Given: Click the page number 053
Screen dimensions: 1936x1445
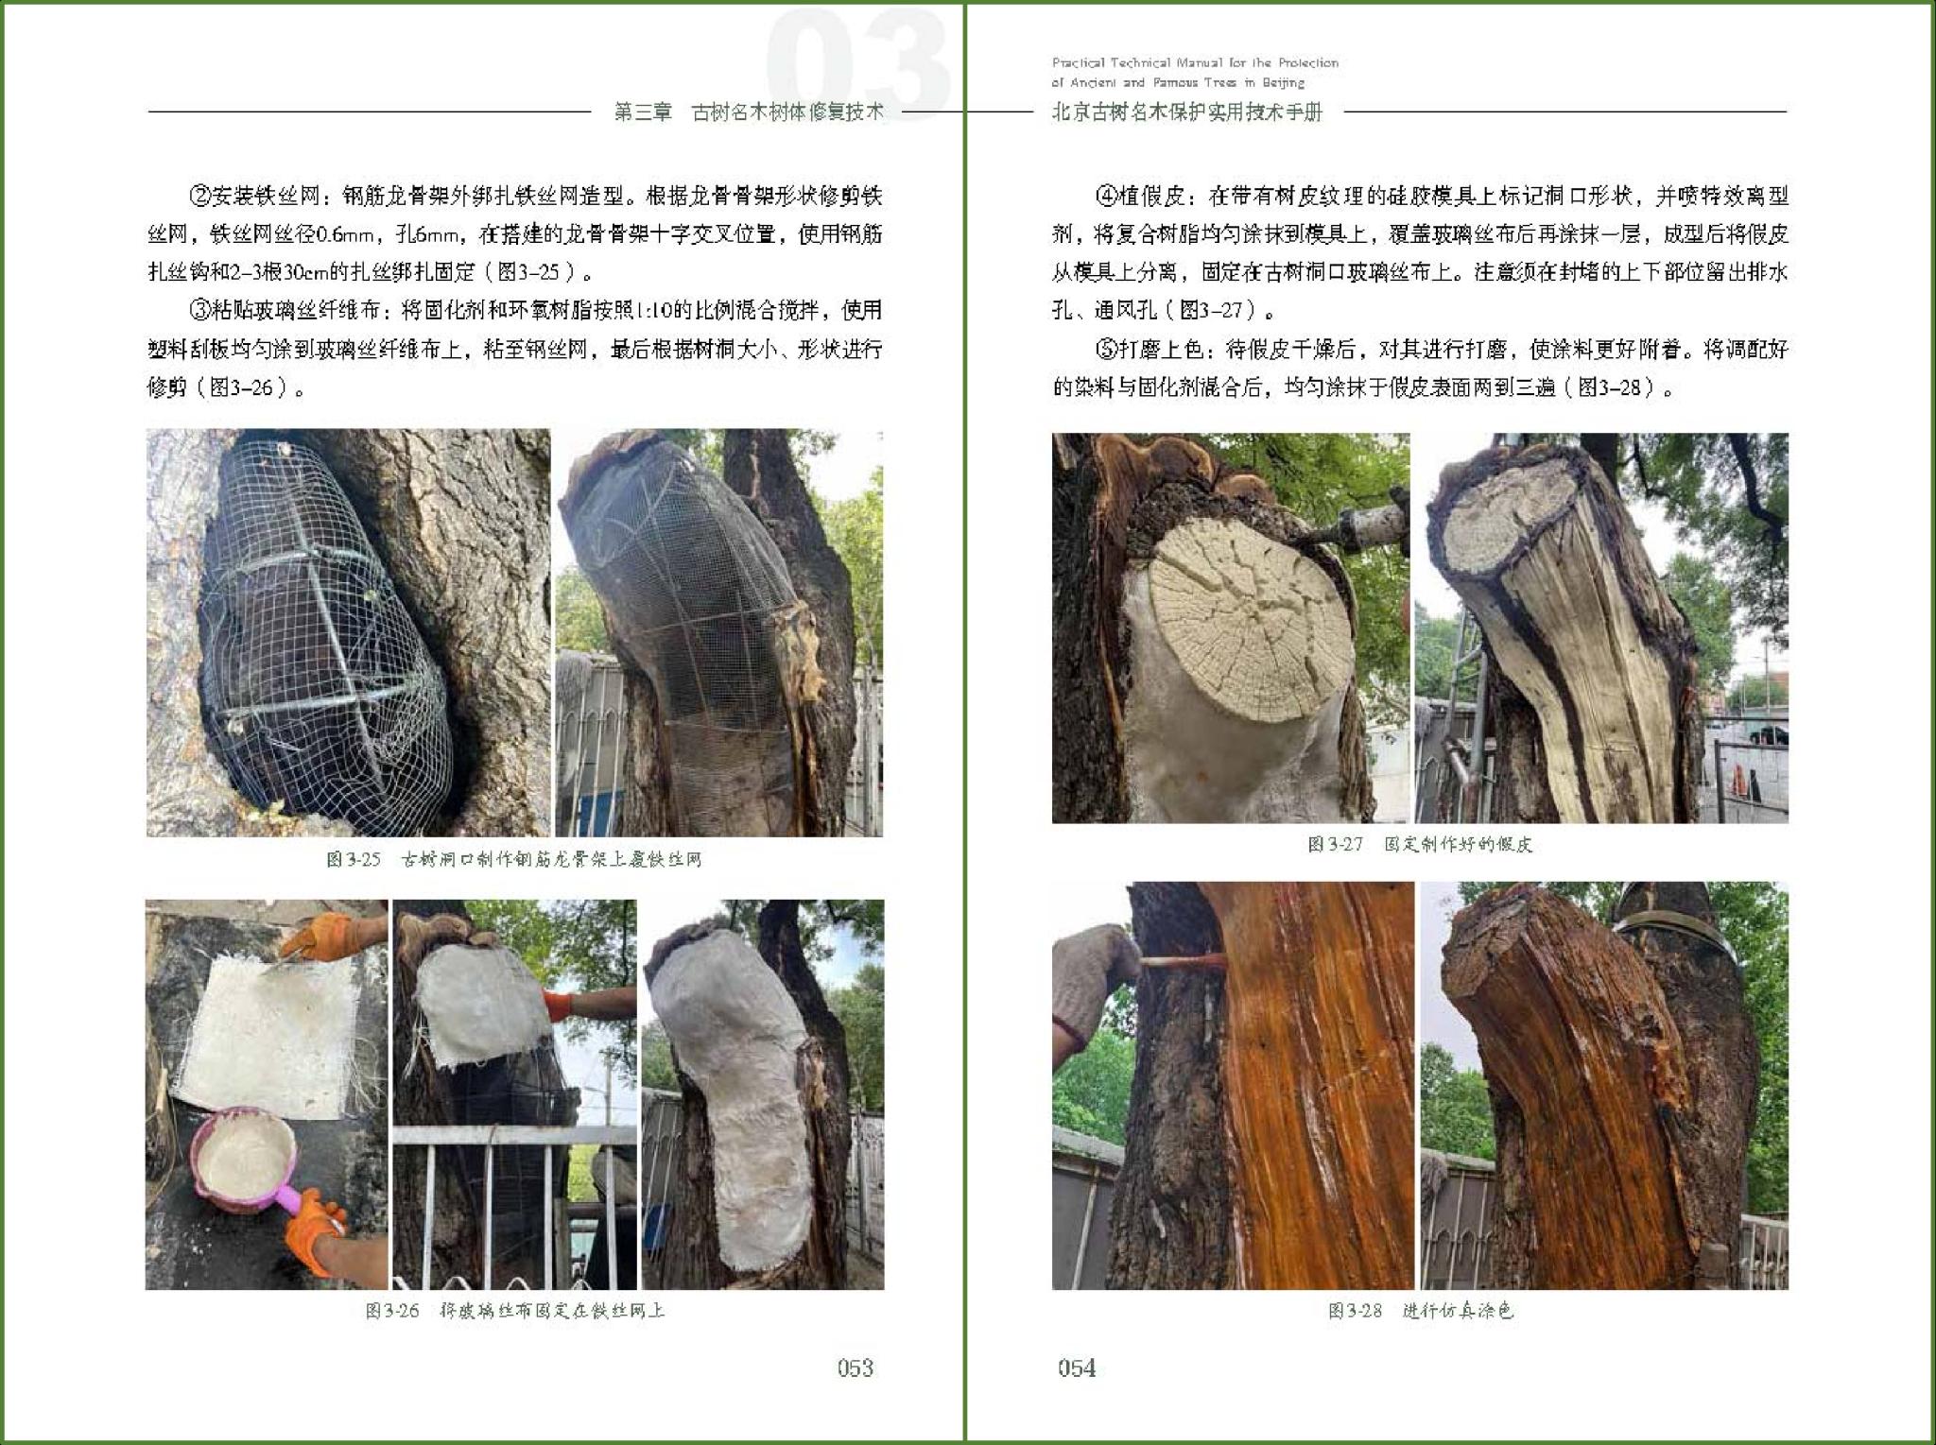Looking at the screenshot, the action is tap(855, 1368).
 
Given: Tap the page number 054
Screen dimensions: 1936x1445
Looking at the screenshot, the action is tap(1077, 1368).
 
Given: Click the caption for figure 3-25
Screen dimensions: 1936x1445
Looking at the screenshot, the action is tap(514, 860).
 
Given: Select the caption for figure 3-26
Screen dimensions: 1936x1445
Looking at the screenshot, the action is tap(515, 1311).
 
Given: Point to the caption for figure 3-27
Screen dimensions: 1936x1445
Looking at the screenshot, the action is tap(1420, 844).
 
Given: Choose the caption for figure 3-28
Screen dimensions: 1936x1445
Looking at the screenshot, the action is tap(1421, 1311).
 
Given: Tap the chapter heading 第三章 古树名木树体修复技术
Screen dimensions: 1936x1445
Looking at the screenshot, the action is tap(749, 112).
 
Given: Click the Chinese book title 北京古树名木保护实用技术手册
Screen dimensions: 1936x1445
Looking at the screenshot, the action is tap(1187, 112).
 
